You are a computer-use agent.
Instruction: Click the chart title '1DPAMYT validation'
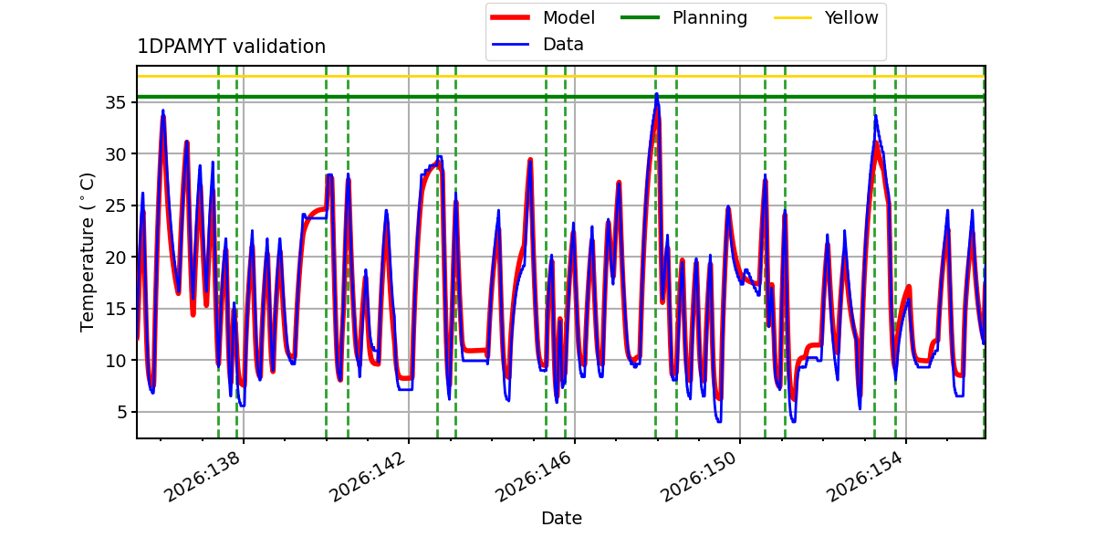tap(231, 47)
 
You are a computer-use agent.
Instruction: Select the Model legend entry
tap(543, 17)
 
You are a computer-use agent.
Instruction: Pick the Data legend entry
tap(537, 45)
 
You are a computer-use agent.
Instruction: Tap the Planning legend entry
tap(683, 17)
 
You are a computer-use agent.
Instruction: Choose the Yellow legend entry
tap(826, 17)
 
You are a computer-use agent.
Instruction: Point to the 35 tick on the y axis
tap(115, 102)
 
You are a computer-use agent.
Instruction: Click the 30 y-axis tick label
tap(115, 154)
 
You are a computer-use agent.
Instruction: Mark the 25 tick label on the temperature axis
tap(115, 205)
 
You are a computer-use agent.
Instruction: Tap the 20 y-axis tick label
tap(115, 258)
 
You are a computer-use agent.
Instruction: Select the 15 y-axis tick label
tap(115, 309)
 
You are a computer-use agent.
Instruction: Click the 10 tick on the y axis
tap(115, 361)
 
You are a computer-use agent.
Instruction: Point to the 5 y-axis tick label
tap(120, 412)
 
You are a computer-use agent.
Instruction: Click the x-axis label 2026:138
tap(203, 476)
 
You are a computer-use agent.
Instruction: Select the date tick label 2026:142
tap(368, 476)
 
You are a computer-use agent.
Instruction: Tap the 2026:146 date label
tap(534, 476)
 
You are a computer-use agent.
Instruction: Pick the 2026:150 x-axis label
tap(699, 476)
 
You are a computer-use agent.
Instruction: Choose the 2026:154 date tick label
tap(865, 476)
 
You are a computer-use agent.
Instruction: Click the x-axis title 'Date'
tap(561, 518)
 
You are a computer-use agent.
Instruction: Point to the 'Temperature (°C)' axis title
tap(87, 252)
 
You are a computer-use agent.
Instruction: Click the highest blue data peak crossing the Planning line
tap(656, 94)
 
